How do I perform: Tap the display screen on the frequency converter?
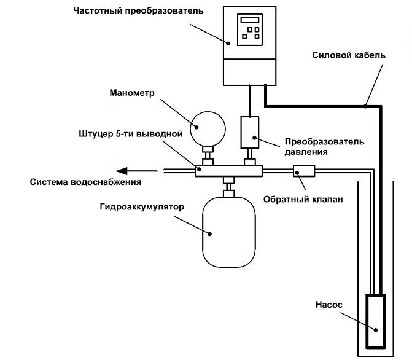point(250,20)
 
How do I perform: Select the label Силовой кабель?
point(349,55)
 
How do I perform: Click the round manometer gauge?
point(205,127)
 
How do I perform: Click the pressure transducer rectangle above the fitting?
point(250,131)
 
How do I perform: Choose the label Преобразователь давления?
point(324,146)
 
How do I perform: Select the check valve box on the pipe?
point(303,171)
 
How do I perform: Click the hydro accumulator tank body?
point(228,232)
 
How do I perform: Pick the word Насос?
point(324,304)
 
